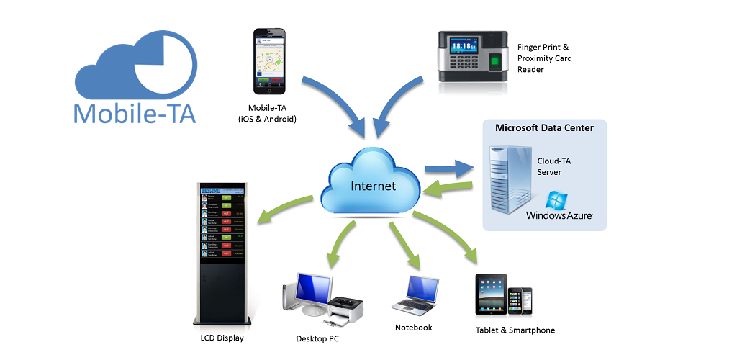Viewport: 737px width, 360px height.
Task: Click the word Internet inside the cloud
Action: [373, 186]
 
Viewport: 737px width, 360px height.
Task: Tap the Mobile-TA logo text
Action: [135, 114]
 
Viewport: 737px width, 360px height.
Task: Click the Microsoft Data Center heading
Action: [544, 128]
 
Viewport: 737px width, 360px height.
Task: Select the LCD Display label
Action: [222, 337]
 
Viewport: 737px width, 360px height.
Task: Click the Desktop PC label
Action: [317, 338]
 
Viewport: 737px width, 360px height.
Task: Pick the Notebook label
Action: [414, 328]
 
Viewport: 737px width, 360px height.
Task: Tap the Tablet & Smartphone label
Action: [515, 330]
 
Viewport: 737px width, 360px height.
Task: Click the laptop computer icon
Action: [415, 294]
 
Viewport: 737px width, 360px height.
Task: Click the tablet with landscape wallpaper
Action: [491, 294]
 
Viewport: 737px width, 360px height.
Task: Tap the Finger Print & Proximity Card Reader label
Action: [545, 58]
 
